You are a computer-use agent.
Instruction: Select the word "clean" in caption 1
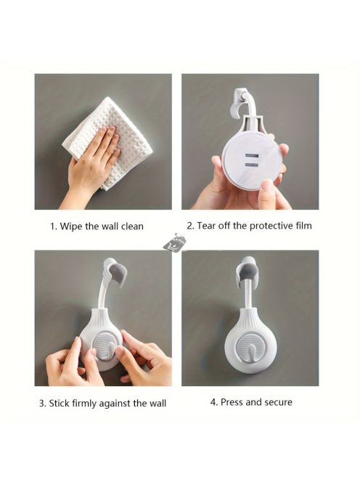pyautogui.click(x=132, y=226)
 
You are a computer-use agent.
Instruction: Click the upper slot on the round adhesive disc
pyautogui.click(x=251, y=156)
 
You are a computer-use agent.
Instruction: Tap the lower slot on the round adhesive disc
pyautogui.click(x=251, y=166)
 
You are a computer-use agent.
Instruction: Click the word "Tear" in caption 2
pyautogui.click(x=206, y=226)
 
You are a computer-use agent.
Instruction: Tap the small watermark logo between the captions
pyautogui.click(x=175, y=242)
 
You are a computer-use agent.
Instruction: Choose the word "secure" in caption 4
pyautogui.click(x=278, y=402)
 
